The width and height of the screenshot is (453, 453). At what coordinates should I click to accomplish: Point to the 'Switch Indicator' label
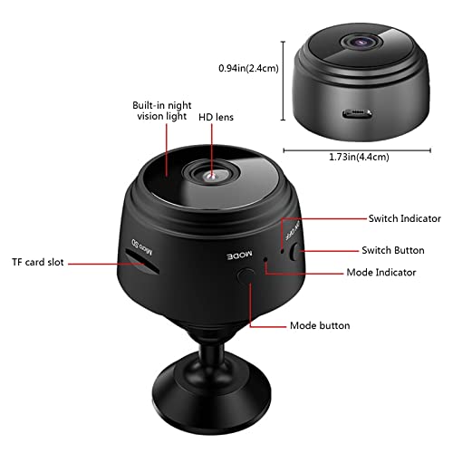[x=404, y=218]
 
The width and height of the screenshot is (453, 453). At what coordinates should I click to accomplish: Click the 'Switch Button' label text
[x=401, y=248]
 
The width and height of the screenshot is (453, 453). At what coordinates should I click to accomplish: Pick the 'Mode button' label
[x=320, y=324]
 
